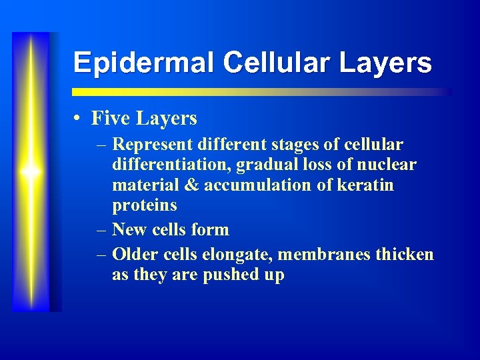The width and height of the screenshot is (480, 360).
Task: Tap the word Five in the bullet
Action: (111, 119)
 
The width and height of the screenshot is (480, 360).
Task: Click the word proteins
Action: (145, 205)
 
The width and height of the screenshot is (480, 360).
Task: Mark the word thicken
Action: (405, 254)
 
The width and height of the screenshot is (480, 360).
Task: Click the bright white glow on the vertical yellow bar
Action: (30, 172)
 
